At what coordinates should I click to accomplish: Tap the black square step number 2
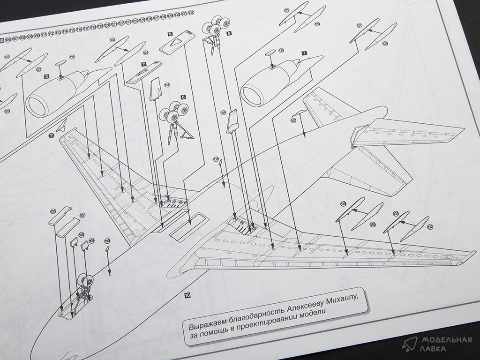pyautogui.click(x=46, y=75)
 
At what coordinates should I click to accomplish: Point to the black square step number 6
pyautogui.click(x=183, y=97)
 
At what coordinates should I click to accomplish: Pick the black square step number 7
pyautogui.click(x=144, y=64)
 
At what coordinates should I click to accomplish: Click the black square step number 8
pyautogui.click(x=170, y=34)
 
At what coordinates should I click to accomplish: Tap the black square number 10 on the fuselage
pyautogui.click(x=187, y=295)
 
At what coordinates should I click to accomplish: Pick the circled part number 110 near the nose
pyautogui.click(x=107, y=241)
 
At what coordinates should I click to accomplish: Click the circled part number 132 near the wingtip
pyautogui.click(x=430, y=227)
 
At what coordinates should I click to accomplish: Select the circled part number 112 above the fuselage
pyautogui.click(x=293, y=120)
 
